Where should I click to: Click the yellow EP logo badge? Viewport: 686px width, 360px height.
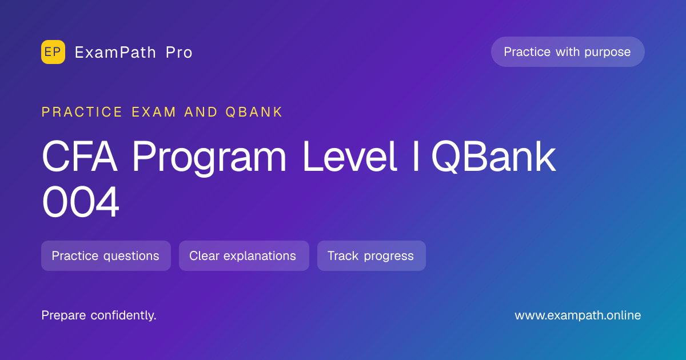[x=53, y=52]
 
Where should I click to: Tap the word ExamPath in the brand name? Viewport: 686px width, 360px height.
[x=115, y=53]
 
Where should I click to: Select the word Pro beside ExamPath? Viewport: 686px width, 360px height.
[x=179, y=53]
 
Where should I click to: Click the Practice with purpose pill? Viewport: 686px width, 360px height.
[x=568, y=52]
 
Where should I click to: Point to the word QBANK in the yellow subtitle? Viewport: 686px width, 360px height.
[x=254, y=112]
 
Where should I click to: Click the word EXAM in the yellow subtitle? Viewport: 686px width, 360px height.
[x=154, y=112]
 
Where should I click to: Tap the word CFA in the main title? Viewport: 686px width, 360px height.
[x=79, y=157]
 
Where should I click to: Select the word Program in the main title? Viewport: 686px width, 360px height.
[x=209, y=158]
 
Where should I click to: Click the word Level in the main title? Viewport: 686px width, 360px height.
[x=349, y=157]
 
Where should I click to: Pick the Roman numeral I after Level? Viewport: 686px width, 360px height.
[x=416, y=157]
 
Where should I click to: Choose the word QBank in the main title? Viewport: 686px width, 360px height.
[x=493, y=157]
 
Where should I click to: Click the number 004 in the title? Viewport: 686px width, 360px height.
[x=80, y=202]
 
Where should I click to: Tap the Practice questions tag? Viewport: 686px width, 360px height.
[x=106, y=255]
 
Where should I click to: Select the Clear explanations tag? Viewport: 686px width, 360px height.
[x=244, y=255]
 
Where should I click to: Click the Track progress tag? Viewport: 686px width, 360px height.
[x=372, y=255]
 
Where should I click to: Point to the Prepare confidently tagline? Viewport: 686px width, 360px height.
[x=99, y=315]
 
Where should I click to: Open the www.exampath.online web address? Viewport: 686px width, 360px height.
[x=577, y=315]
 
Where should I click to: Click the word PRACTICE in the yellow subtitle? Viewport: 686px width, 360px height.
[x=82, y=112]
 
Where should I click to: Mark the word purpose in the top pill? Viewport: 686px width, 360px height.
[x=607, y=53]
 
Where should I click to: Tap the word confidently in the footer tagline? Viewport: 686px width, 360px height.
[x=123, y=315]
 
